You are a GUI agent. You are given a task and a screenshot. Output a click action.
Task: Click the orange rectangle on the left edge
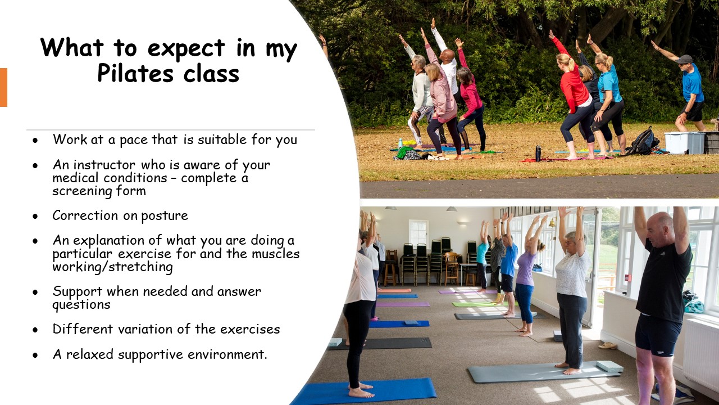(3, 87)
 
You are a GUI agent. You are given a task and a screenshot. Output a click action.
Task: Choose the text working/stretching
(113, 267)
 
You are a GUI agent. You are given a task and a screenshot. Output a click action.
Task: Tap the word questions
(81, 304)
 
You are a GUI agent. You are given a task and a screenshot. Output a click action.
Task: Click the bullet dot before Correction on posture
(35, 217)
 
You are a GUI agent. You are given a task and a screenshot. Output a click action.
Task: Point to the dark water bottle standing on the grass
(538, 154)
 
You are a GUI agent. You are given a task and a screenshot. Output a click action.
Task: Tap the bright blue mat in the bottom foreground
(366, 391)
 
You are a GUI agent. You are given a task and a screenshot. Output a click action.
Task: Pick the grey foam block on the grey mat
(609, 366)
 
